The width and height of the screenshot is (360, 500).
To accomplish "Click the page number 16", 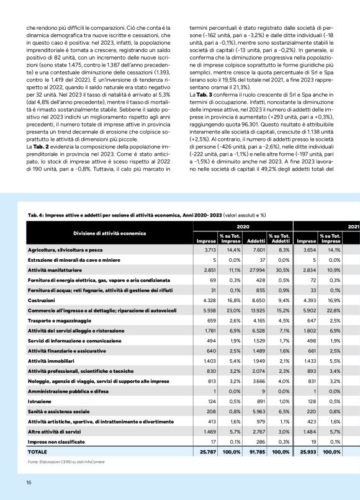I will click(x=29, y=483).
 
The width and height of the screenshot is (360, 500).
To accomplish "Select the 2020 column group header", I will click(x=243, y=227).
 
